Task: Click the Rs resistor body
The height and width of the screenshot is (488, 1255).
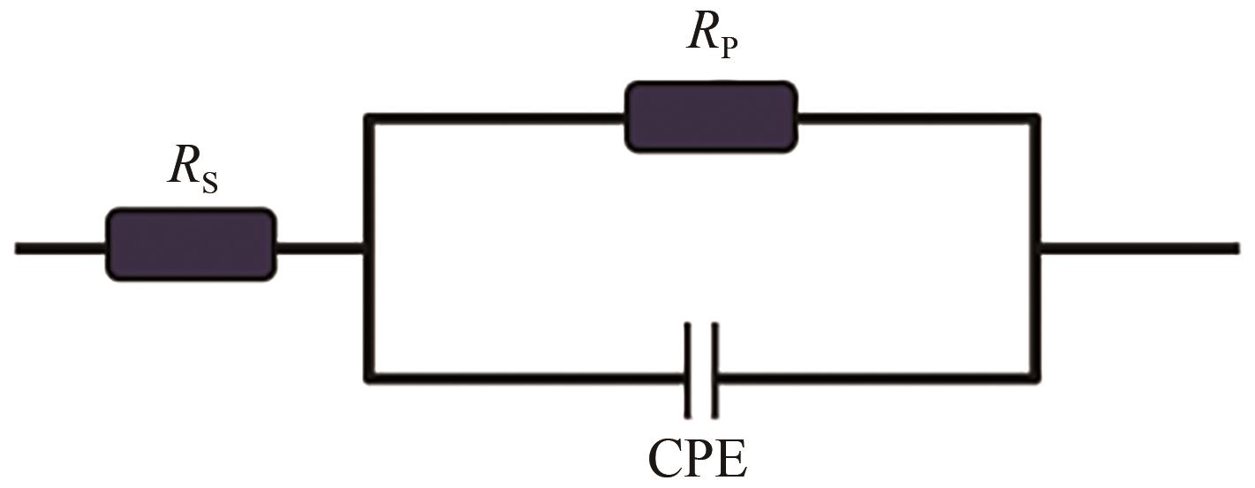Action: pos(190,245)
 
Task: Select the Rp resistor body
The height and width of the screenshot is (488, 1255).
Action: pos(710,117)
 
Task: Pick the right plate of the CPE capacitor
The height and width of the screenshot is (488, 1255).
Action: pos(714,371)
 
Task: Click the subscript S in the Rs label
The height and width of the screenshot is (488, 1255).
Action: pos(209,183)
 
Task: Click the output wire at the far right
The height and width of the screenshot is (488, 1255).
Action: pos(1139,249)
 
